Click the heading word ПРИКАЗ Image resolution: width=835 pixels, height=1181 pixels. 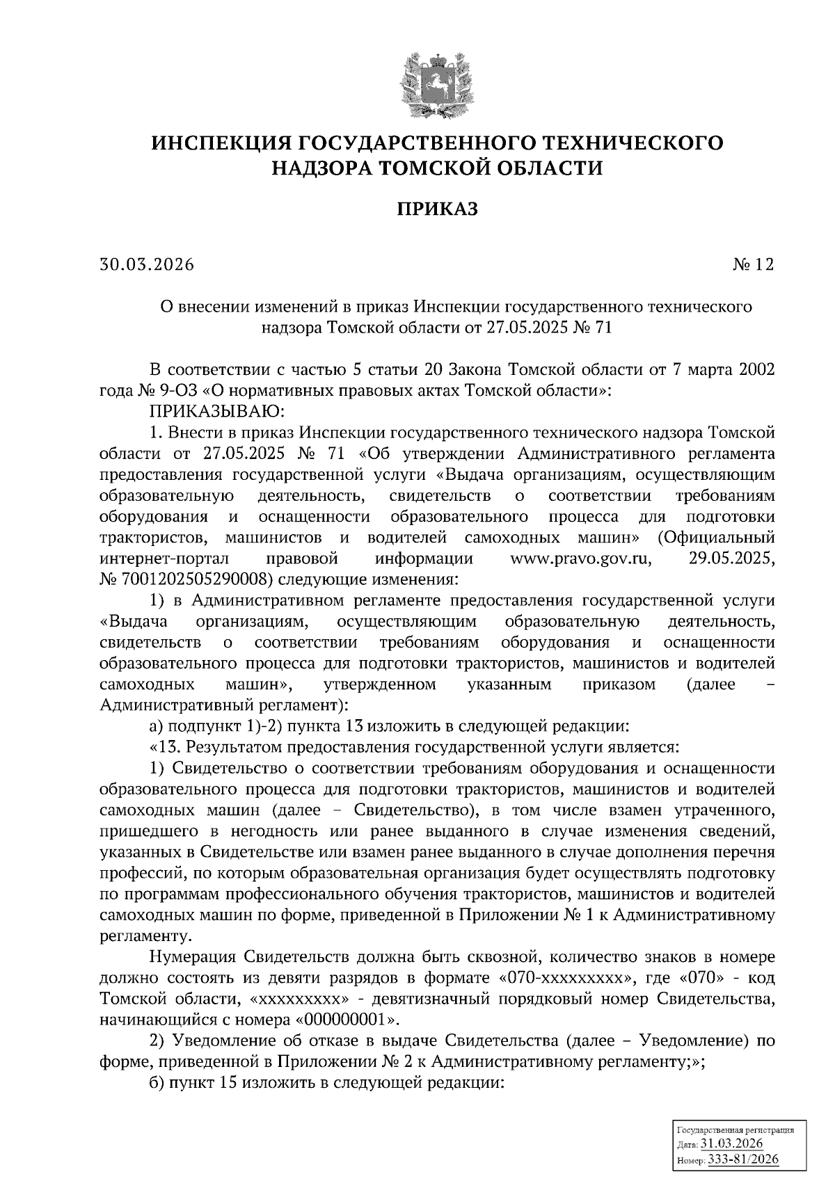point(438,209)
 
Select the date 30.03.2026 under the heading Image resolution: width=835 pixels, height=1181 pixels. point(145,265)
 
